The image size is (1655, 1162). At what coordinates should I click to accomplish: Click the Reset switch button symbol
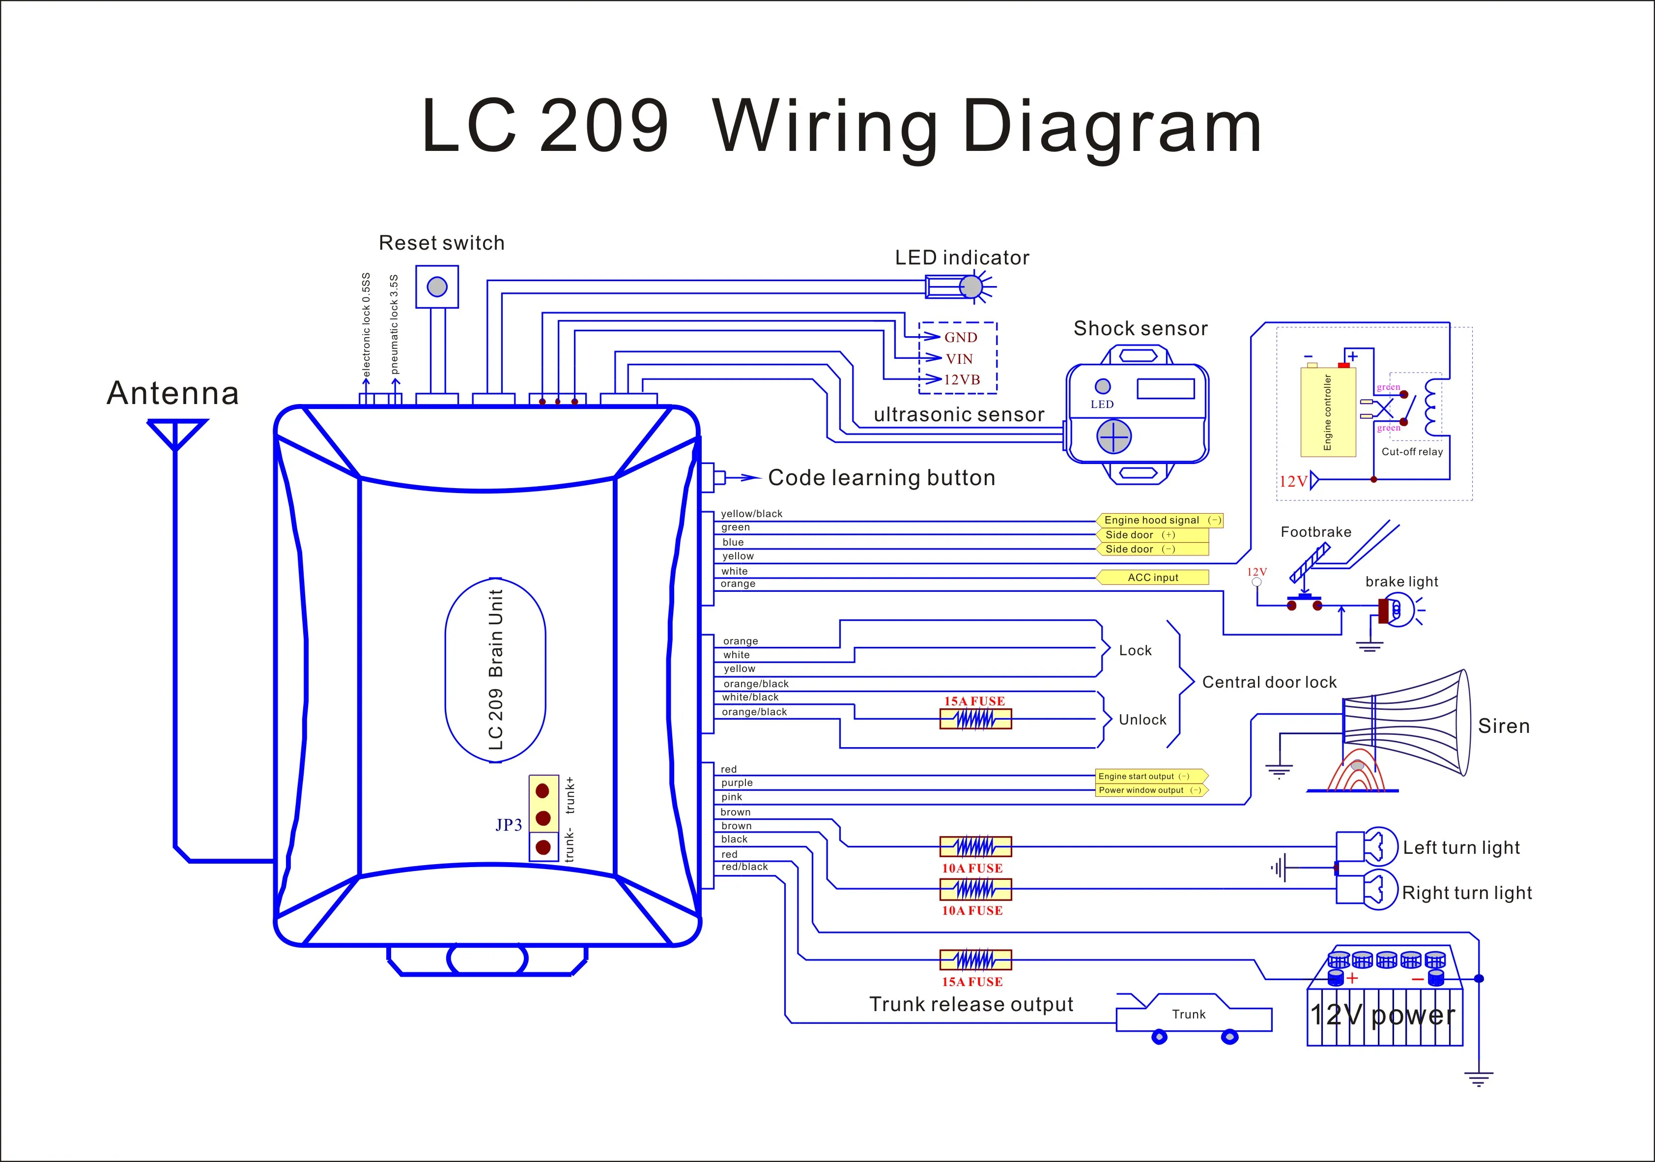[437, 287]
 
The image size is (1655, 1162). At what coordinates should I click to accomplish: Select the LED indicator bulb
[971, 287]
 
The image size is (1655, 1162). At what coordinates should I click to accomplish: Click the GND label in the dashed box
[961, 337]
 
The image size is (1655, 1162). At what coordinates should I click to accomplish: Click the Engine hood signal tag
[1160, 520]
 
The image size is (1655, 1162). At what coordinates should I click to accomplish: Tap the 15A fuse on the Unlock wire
[975, 719]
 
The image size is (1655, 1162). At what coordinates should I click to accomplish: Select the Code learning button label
[882, 478]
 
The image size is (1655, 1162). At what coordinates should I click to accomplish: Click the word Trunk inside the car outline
[1189, 1014]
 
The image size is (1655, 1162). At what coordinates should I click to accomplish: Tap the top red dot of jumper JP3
[543, 791]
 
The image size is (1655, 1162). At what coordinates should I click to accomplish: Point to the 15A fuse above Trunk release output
[975, 959]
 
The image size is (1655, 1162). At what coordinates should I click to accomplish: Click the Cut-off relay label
[1412, 452]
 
